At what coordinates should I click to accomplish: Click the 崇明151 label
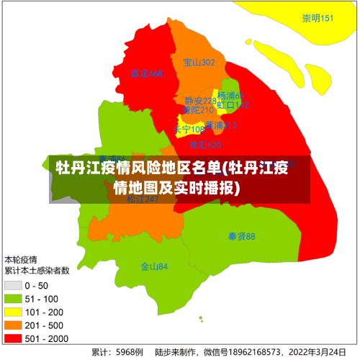click(318, 18)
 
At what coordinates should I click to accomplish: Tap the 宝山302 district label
click(199, 63)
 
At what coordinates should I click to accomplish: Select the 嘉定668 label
click(147, 73)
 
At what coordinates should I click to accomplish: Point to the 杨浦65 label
click(231, 96)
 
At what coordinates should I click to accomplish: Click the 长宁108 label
click(189, 130)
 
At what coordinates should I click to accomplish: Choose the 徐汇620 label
click(205, 145)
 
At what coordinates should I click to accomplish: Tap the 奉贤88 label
click(242, 236)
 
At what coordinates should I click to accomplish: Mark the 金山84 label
click(154, 266)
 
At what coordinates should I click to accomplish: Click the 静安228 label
click(200, 101)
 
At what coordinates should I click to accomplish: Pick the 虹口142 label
click(233, 105)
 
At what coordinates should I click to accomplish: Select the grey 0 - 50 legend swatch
click(14, 285)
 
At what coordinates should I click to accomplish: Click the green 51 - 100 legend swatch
click(14, 298)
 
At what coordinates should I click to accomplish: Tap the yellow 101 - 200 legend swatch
click(14, 311)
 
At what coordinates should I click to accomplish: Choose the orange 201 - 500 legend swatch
click(14, 324)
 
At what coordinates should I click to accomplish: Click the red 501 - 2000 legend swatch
click(14, 337)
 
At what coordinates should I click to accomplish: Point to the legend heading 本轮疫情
click(21, 259)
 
